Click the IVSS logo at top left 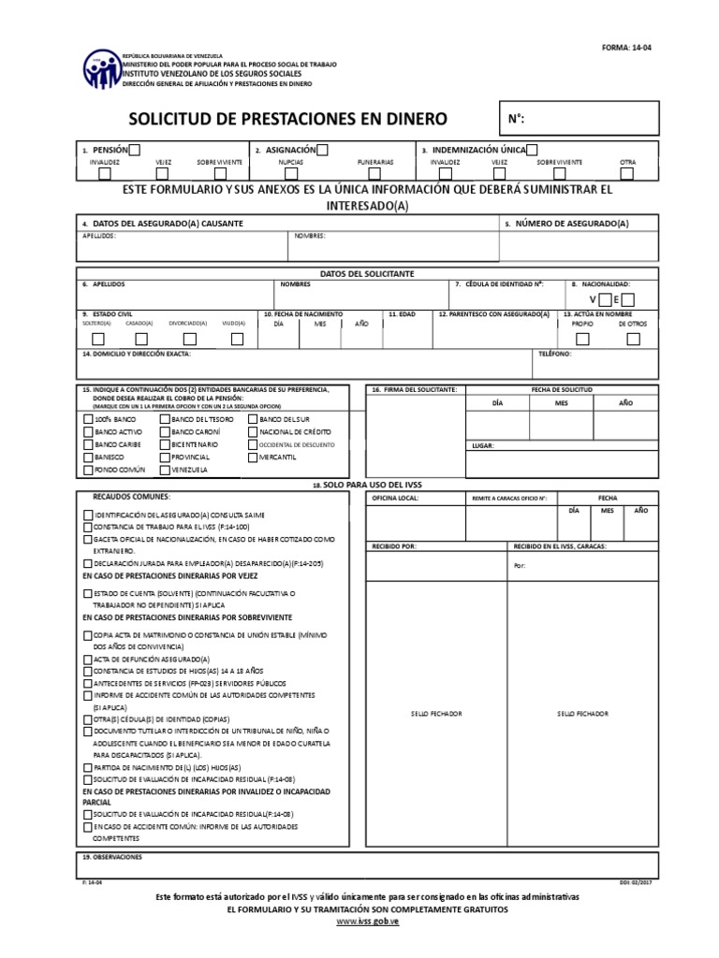pyautogui.click(x=101, y=68)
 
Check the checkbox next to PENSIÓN pyautogui.click(x=136, y=150)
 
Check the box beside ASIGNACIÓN pyautogui.click(x=322, y=150)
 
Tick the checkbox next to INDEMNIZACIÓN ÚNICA pyautogui.click(x=532, y=150)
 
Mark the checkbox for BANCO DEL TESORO pyautogui.click(x=165, y=421)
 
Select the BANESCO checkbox pyautogui.click(x=88, y=457)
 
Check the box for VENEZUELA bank pyautogui.click(x=165, y=469)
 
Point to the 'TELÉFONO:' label pyautogui.click(x=554, y=355)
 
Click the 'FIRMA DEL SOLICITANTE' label pyautogui.click(x=415, y=388)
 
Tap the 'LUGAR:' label pyautogui.click(x=482, y=447)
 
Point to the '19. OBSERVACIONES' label pyautogui.click(x=111, y=856)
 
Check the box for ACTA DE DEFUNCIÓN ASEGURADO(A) pyautogui.click(x=88, y=660)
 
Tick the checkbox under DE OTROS pyautogui.click(x=634, y=339)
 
